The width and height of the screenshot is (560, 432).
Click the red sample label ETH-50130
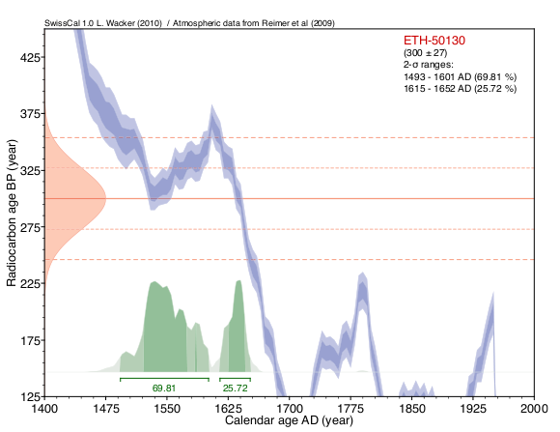pyautogui.click(x=434, y=40)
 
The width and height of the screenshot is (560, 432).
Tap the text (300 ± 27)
pyautogui.click(x=426, y=53)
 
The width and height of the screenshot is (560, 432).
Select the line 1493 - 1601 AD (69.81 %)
pyautogui.click(x=460, y=77)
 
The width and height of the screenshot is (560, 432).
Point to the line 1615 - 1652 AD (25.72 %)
pyautogui.click(x=460, y=88)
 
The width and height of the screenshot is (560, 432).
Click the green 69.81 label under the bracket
pyautogui.click(x=164, y=388)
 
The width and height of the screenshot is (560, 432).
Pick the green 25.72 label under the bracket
pyautogui.click(x=235, y=388)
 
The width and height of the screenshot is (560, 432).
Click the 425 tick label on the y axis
pyautogui.click(x=30, y=57)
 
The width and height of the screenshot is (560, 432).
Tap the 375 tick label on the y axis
pyautogui.click(x=30, y=113)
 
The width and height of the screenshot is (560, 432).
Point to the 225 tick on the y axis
pyautogui.click(x=30, y=283)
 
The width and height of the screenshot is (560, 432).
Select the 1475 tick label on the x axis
pyautogui.click(x=105, y=408)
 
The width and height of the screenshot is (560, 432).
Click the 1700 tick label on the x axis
pyautogui.click(x=290, y=408)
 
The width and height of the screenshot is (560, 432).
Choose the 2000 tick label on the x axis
pyautogui.click(x=534, y=408)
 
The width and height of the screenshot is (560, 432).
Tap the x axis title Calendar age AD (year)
pyautogui.click(x=289, y=420)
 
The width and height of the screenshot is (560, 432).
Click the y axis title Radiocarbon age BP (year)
pyautogui.click(x=12, y=213)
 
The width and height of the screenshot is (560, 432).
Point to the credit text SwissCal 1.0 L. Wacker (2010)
pyautogui.click(x=103, y=23)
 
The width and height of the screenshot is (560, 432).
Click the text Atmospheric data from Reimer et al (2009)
pyautogui.click(x=254, y=23)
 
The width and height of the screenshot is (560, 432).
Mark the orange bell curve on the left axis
pyautogui.click(x=71, y=198)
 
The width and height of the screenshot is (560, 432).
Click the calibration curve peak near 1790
pyautogui.click(x=362, y=282)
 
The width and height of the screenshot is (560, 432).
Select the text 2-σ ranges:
pyautogui.click(x=429, y=65)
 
